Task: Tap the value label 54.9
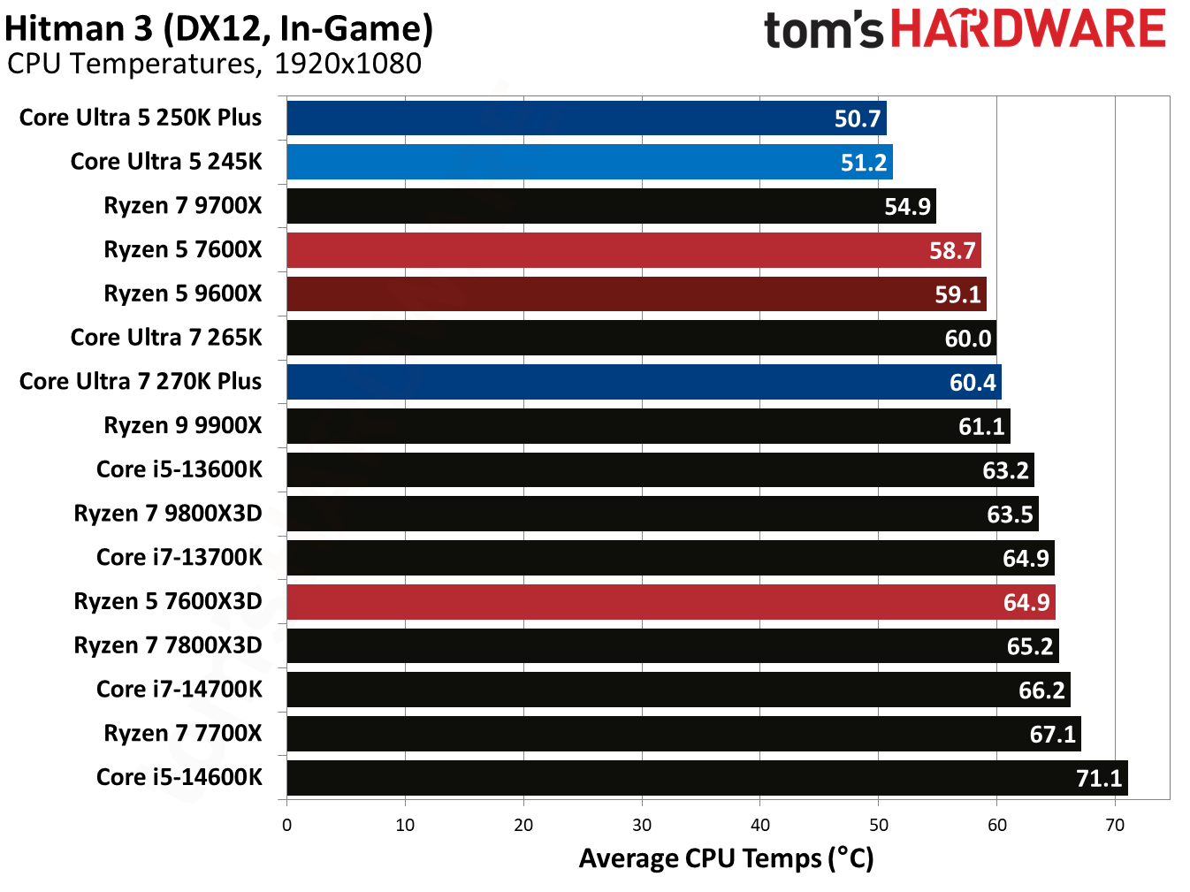point(907,207)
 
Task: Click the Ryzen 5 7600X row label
point(183,249)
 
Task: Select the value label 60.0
point(967,339)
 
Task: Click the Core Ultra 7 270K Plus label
point(141,381)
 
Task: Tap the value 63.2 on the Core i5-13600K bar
point(1005,470)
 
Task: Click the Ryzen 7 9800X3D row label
point(168,514)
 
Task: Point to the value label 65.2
point(1029,646)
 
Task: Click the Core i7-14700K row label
point(179,690)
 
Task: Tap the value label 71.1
point(1098,778)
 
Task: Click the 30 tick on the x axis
point(642,825)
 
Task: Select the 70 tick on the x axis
point(1115,825)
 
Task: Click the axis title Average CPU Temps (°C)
point(726,858)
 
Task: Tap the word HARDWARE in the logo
point(1027,29)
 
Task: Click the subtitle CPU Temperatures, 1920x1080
point(214,64)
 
